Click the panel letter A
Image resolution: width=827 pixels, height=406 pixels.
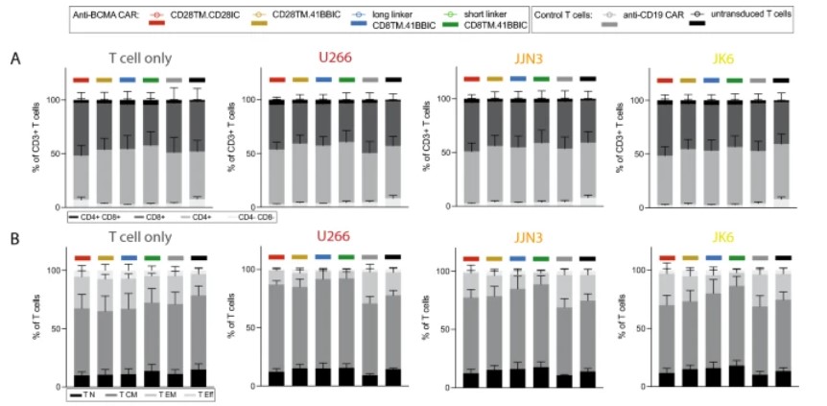click(x=15, y=59)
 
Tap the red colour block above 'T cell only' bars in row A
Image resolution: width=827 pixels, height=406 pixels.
click(x=81, y=80)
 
